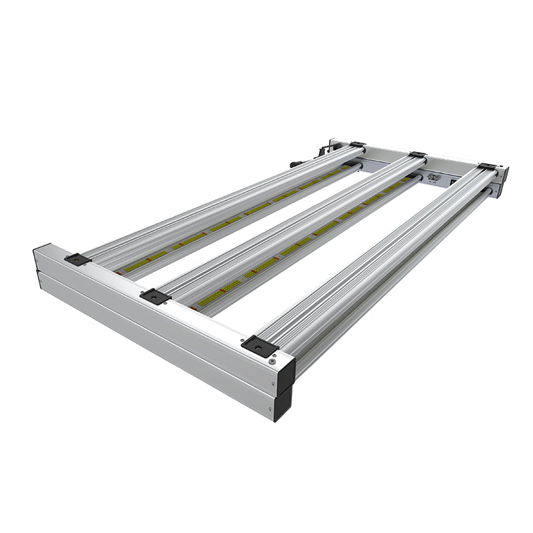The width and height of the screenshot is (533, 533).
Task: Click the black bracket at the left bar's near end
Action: click(77, 259)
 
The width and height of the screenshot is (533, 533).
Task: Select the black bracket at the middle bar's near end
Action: click(155, 296)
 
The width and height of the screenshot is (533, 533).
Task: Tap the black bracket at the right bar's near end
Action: click(259, 346)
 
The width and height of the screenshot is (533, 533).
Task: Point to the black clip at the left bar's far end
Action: click(357, 145)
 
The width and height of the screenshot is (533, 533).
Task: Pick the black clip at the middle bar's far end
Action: click(418, 155)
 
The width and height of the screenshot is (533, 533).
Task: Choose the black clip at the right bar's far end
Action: click(487, 167)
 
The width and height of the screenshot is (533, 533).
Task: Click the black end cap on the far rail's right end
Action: click(503, 180)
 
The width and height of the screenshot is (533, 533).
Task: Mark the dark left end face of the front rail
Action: click(38, 263)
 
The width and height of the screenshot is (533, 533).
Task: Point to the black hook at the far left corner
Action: click(324, 149)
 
